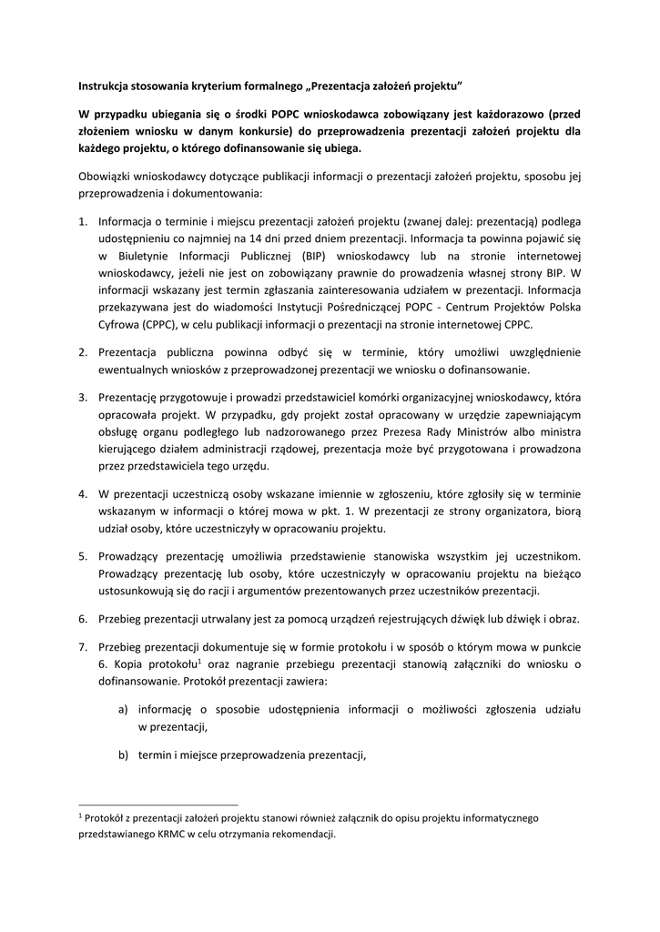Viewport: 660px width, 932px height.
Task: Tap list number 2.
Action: (x=82, y=351)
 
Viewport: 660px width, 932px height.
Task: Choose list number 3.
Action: (x=82, y=397)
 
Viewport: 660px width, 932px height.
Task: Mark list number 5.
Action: (x=82, y=555)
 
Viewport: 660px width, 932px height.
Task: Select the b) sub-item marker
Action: (x=122, y=755)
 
